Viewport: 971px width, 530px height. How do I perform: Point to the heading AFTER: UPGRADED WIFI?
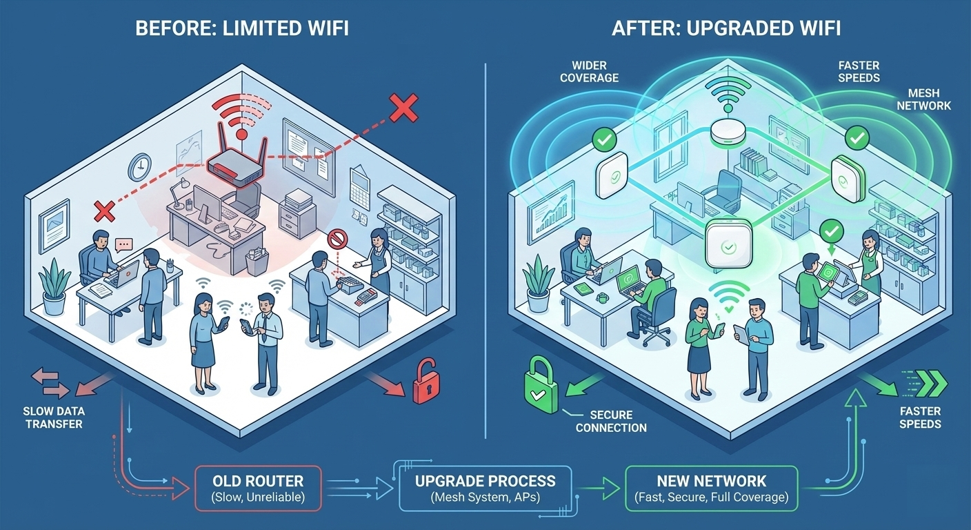725,30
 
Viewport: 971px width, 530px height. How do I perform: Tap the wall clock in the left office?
139,167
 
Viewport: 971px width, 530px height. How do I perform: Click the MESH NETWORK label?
928,99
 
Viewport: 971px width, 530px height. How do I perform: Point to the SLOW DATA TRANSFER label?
54,418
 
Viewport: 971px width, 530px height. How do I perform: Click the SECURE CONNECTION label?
611,421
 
